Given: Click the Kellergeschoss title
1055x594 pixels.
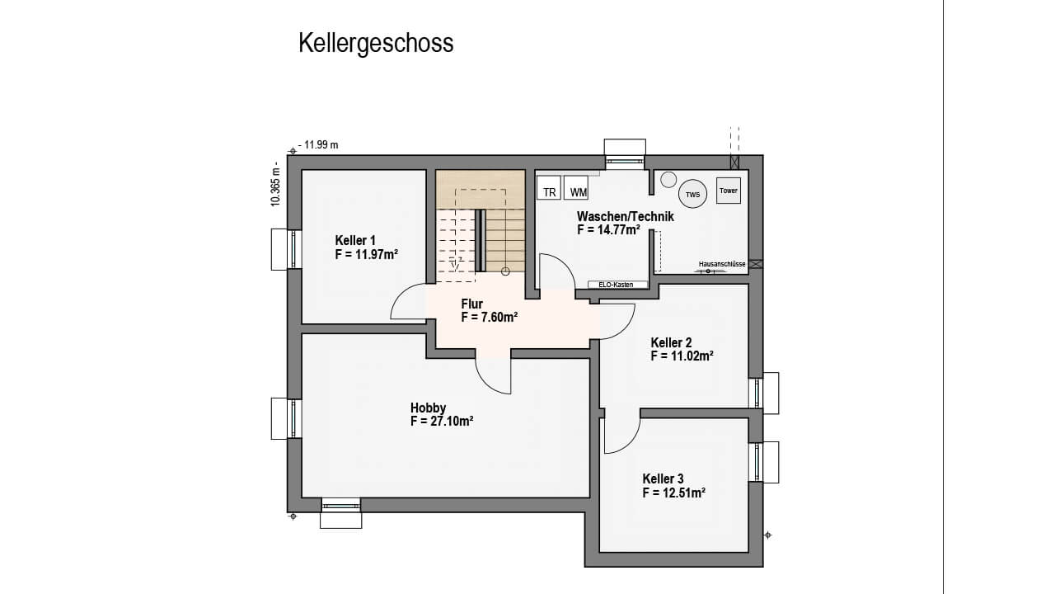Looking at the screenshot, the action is click(x=376, y=44).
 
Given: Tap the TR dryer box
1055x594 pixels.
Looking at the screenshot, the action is click(x=549, y=188).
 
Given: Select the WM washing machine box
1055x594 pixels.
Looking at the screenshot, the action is click(x=576, y=188).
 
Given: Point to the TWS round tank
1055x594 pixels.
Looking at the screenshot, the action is click(x=692, y=194).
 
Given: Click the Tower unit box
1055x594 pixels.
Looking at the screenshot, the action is click(x=729, y=191).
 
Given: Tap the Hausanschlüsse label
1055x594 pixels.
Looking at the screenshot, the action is click(x=722, y=264).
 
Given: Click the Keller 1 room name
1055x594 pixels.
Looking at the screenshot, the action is click(x=355, y=240).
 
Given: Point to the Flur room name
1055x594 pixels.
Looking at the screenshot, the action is click(x=472, y=304).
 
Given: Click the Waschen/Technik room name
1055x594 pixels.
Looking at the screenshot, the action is click(x=626, y=216).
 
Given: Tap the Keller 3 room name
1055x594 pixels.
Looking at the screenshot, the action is click(x=663, y=479).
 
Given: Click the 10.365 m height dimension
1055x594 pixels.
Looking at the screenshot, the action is click(x=275, y=184).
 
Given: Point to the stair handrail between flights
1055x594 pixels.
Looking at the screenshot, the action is click(x=480, y=240).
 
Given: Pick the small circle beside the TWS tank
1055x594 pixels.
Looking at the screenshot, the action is click(x=668, y=180).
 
